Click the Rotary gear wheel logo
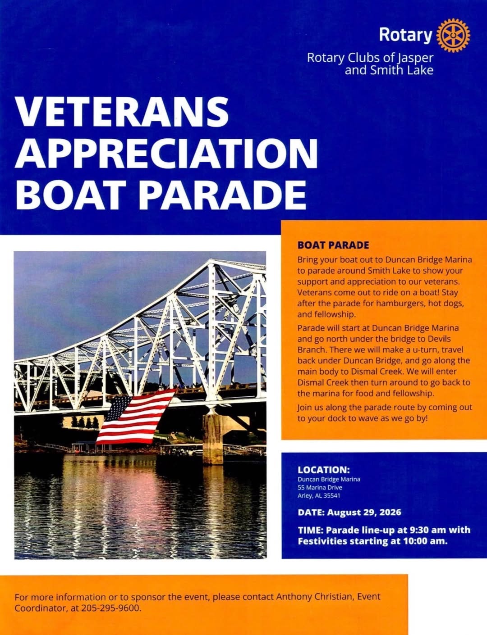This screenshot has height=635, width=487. [453, 35]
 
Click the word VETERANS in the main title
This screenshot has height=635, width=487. [122, 111]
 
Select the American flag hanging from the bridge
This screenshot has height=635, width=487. [136, 417]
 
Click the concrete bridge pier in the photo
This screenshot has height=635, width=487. [213, 436]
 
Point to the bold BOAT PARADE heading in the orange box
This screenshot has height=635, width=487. [333, 245]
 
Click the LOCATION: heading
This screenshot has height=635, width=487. [324, 470]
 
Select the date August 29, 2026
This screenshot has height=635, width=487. [364, 513]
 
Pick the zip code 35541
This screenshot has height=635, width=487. [332, 495]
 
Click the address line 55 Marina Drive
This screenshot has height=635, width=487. [320, 487]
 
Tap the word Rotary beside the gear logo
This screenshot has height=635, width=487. [405, 35]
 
